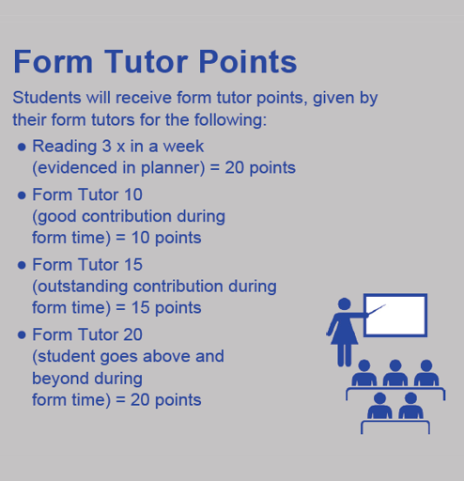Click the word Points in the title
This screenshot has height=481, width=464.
[x=247, y=61]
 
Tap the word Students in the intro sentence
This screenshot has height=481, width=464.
[x=47, y=98]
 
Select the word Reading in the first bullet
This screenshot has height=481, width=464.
[x=65, y=147]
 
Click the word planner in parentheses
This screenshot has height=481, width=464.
[x=170, y=168]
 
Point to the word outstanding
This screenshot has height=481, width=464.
[x=80, y=287]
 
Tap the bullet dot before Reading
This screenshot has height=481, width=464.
[x=22, y=147]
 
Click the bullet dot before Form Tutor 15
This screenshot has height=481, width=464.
[x=22, y=265]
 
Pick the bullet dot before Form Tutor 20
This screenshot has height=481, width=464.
[x=22, y=335]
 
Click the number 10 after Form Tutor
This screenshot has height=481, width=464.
[x=133, y=194]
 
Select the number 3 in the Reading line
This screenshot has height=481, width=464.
[x=107, y=147]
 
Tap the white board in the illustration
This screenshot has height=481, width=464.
[x=395, y=315]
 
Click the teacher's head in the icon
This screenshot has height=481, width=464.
[x=345, y=303]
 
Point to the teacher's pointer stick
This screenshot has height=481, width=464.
[x=377, y=310]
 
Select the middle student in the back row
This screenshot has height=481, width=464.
[x=395, y=373]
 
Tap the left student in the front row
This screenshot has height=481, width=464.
[x=379, y=406]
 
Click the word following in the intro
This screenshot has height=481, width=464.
[x=230, y=120]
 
